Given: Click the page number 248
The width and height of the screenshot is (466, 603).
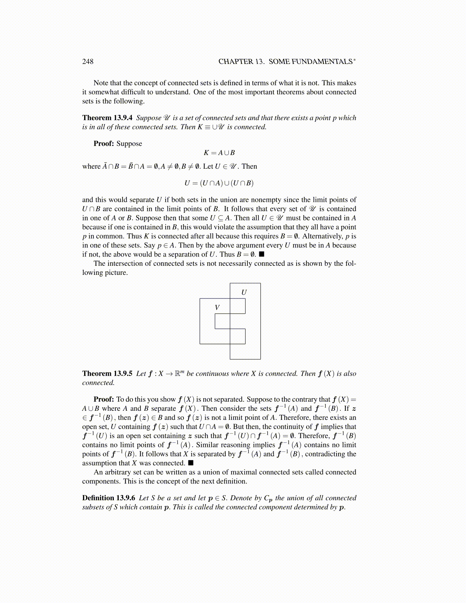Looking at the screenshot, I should (88, 62).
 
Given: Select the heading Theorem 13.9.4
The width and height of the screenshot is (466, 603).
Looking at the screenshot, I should (107, 118).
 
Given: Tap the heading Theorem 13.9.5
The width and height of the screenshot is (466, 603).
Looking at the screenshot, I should (107, 374).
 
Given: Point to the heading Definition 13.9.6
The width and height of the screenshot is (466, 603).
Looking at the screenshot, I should (109, 498).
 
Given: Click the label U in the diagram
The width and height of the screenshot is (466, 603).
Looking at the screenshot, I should (244, 292).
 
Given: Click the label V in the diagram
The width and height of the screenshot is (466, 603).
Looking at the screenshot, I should (217, 308).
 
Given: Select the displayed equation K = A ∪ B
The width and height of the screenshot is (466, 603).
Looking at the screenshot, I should (219, 153).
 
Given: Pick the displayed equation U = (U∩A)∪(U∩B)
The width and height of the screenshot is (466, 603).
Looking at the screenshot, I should (219, 183).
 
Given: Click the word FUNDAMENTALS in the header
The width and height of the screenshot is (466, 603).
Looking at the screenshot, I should (311, 62).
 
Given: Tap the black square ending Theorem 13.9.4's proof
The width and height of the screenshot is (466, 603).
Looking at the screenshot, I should (262, 254).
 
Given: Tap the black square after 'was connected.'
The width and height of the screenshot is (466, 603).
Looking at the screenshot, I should (191, 463).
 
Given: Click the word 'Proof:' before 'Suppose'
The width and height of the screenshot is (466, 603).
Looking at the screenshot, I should (104, 144).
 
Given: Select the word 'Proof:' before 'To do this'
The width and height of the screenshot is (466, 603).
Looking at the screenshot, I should (104, 400).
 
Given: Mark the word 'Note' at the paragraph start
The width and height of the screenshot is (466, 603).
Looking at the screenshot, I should (101, 83).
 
